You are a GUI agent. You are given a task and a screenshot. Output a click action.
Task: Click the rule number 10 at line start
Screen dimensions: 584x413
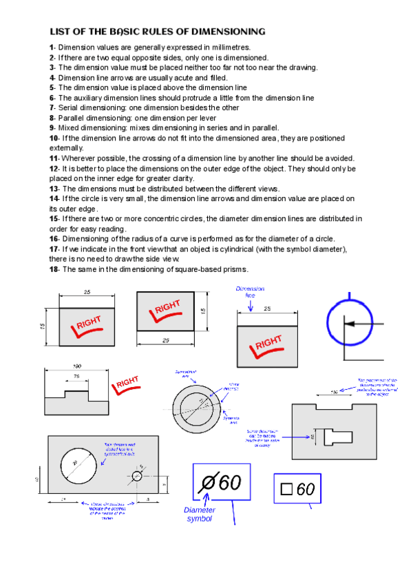coord(53,138)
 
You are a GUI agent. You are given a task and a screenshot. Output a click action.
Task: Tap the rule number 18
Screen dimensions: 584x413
coord(53,269)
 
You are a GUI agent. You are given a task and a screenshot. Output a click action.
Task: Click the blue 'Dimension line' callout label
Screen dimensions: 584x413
coord(249,291)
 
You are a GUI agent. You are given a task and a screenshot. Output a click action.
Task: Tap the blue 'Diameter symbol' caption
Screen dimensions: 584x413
coord(200,514)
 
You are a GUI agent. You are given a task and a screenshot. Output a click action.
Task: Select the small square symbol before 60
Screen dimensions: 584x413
coord(287,490)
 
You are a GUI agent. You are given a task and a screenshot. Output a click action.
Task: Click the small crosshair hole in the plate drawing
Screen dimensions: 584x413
coord(135,476)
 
